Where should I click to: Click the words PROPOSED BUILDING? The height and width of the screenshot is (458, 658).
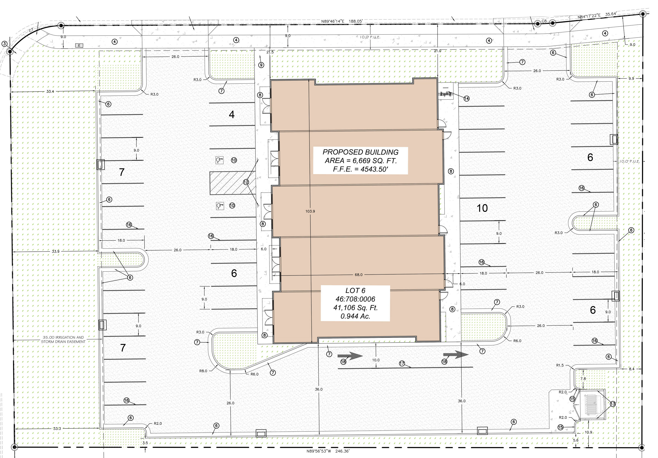click(x=361, y=152)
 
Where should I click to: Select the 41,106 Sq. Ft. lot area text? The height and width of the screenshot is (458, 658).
click(x=355, y=308)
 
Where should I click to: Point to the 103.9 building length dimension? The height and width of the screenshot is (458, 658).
click(x=310, y=211)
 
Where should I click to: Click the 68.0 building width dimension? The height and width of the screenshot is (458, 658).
click(x=359, y=275)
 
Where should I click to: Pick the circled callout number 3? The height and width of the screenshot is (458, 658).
click(x=4, y=44)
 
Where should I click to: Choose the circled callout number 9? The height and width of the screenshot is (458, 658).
click(x=261, y=65)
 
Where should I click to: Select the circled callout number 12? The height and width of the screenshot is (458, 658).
click(x=246, y=182)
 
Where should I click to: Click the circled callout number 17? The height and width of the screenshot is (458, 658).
click(x=402, y=363)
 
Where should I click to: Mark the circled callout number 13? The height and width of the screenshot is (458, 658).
click(x=613, y=404)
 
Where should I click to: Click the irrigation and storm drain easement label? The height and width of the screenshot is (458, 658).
click(x=63, y=339)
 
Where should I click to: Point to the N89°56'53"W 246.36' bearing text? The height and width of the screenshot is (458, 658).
click(x=328, y=451)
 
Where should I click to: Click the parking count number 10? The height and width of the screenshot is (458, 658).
click(x=482, y=208)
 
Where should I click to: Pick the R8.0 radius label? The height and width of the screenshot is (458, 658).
click(x=203, y=371)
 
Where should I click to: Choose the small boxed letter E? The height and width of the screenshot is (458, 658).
click(x=79, y=45)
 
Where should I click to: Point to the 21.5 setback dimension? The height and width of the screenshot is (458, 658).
click(x=270, y=52)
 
